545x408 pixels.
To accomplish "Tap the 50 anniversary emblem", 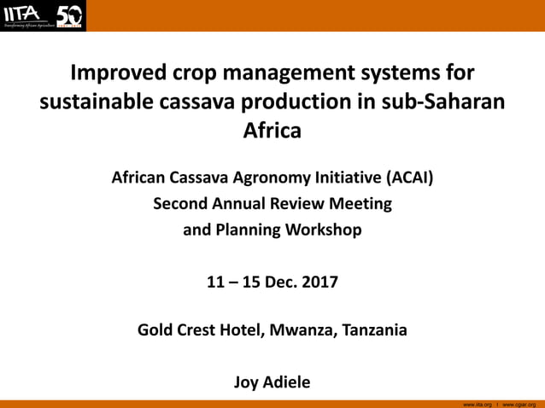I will (x=69, y=15).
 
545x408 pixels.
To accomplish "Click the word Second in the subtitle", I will (x=180, y=204).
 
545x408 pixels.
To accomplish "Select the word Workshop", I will (x=319, y=230).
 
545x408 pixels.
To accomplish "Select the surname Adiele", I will (x=287, y=382).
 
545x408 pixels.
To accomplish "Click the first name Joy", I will (x=247, y=382).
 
